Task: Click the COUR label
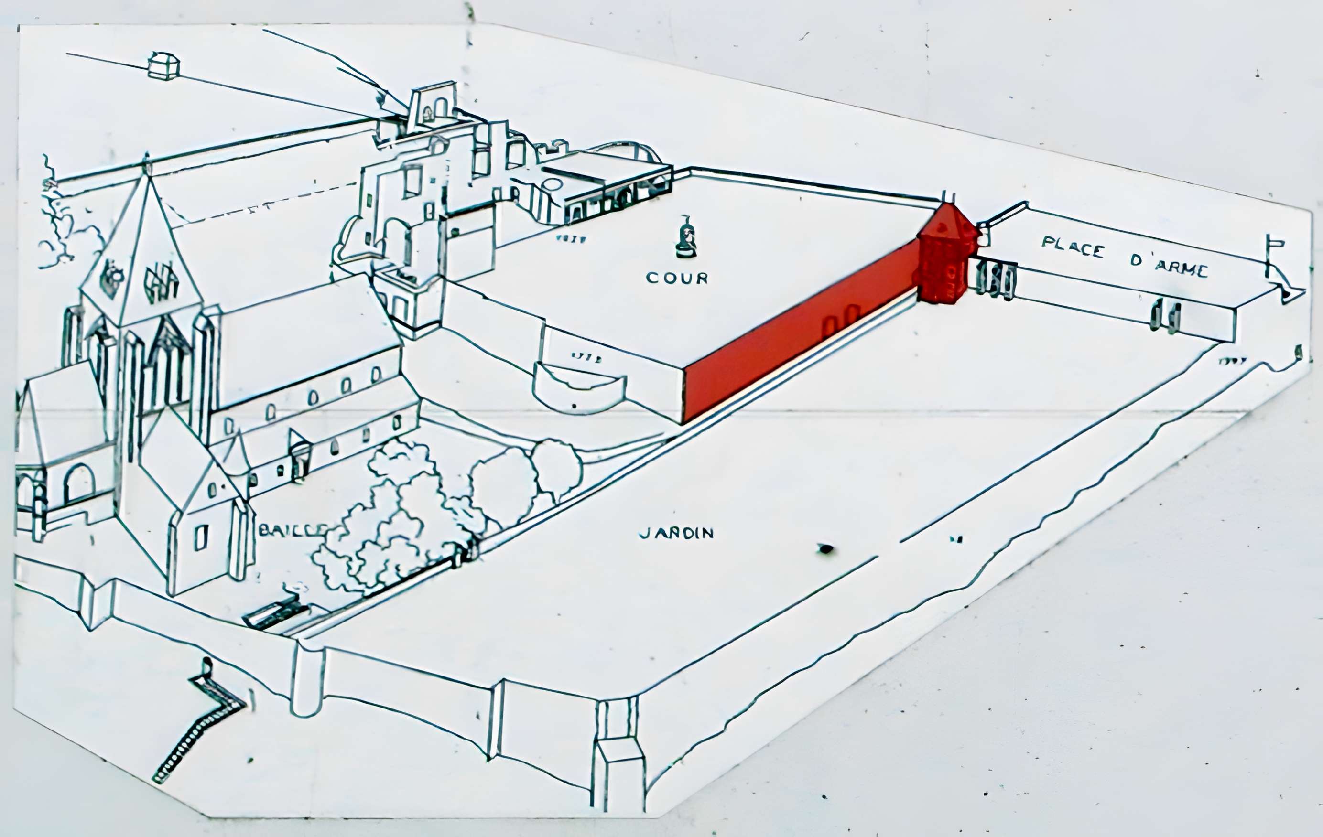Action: click(677, 278)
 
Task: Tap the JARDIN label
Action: click(676, 533)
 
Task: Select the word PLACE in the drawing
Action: click(1073, 247)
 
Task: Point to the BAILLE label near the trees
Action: click(291, 529)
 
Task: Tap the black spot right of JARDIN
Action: click(825, 548)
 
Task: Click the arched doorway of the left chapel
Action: click(79, 484)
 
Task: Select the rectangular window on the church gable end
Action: click(201, 537)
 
